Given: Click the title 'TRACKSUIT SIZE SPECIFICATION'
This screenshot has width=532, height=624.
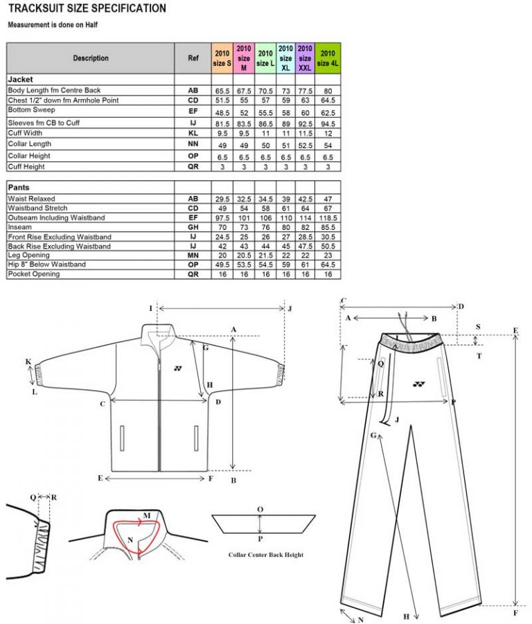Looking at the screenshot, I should [x=87, y=9].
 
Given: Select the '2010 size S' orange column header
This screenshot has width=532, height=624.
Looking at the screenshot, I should [x=221, y=58].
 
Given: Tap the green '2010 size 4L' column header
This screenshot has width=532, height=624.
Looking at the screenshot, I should [x=328, y=58].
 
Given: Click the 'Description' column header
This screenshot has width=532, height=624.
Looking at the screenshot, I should [x=91, y=58].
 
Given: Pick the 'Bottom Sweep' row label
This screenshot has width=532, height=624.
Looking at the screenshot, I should [x=31, y=110].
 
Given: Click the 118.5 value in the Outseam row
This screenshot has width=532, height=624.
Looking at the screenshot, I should [x=328, y=217].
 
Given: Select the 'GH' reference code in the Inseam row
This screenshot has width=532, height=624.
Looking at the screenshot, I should [x=193, y=227].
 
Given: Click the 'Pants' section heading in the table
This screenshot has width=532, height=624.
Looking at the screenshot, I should [x=19, y=188].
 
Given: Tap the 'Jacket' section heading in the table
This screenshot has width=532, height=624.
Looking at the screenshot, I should [x=20, y=80].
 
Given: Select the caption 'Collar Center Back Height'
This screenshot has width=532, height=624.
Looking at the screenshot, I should [x=265, y=554].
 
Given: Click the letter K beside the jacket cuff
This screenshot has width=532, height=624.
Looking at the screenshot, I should [x=28, y=362].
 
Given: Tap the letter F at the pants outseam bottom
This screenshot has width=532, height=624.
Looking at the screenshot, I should [x=515, y=613].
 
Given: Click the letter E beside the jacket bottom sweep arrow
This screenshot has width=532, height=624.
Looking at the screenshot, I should [x=100, y=478].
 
